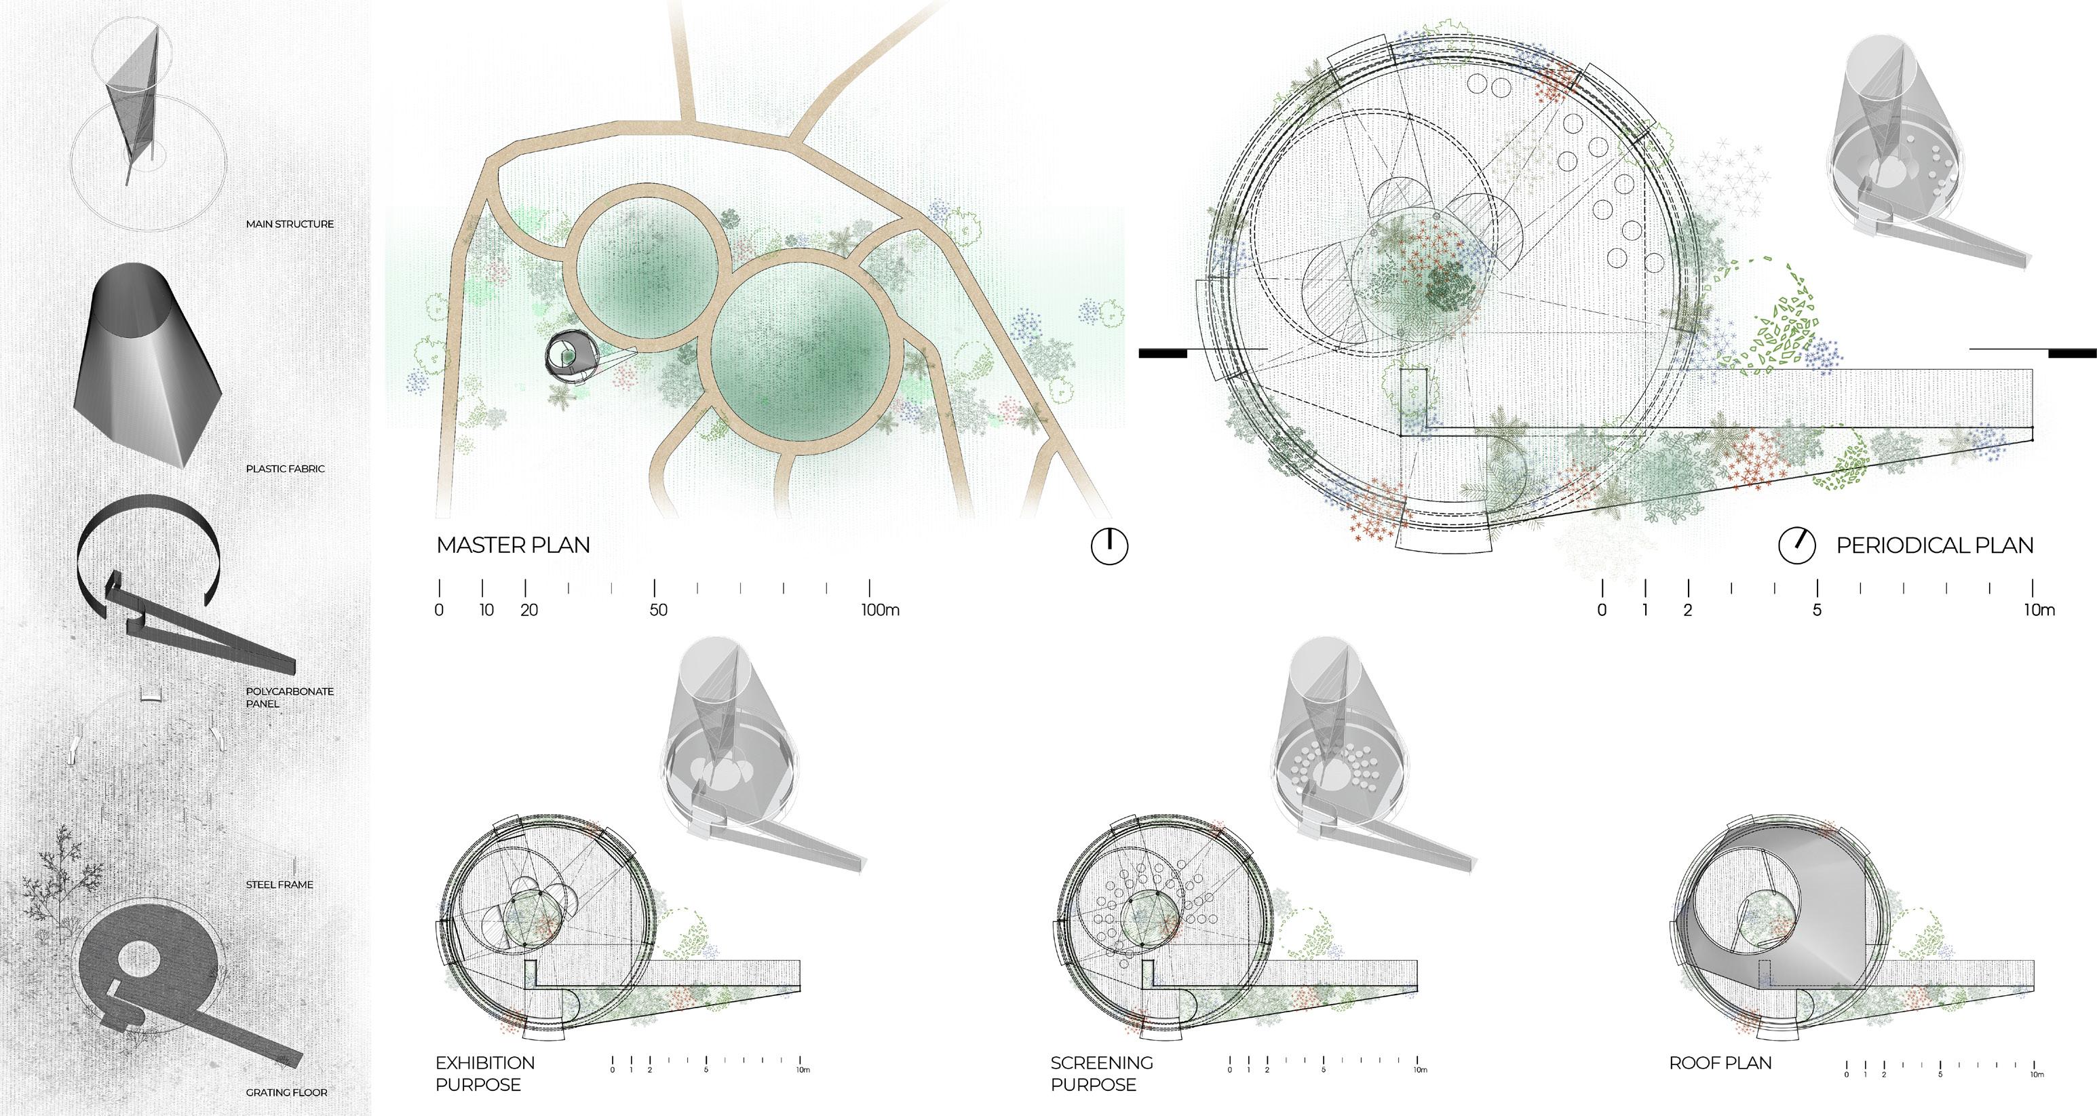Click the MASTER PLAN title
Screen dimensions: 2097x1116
point(513,545)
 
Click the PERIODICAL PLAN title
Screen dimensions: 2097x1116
point(1934,545)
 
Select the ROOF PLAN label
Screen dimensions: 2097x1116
point(1720,1062)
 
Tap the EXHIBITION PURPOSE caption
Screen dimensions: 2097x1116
point(484,1073)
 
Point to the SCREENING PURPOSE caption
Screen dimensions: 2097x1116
point(1100,1073)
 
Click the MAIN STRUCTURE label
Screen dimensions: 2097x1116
point(289,224)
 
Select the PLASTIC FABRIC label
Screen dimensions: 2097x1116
point(285,469)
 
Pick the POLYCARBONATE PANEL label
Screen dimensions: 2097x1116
point(289,697)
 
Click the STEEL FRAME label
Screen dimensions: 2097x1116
point(280,884)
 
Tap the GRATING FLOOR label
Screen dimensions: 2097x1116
point(286,1092)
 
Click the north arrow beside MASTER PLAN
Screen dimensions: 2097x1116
point(1109,545)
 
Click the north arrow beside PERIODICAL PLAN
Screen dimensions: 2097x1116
point(1796,545)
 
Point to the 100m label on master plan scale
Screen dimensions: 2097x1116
point(879,610)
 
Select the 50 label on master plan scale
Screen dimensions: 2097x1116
point(658,610)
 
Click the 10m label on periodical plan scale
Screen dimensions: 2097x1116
point(2039,610)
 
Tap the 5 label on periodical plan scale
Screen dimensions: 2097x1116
point(1816,610)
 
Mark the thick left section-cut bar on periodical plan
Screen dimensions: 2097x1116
point(1163,353)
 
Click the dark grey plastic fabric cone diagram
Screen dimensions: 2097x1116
point(147,366)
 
